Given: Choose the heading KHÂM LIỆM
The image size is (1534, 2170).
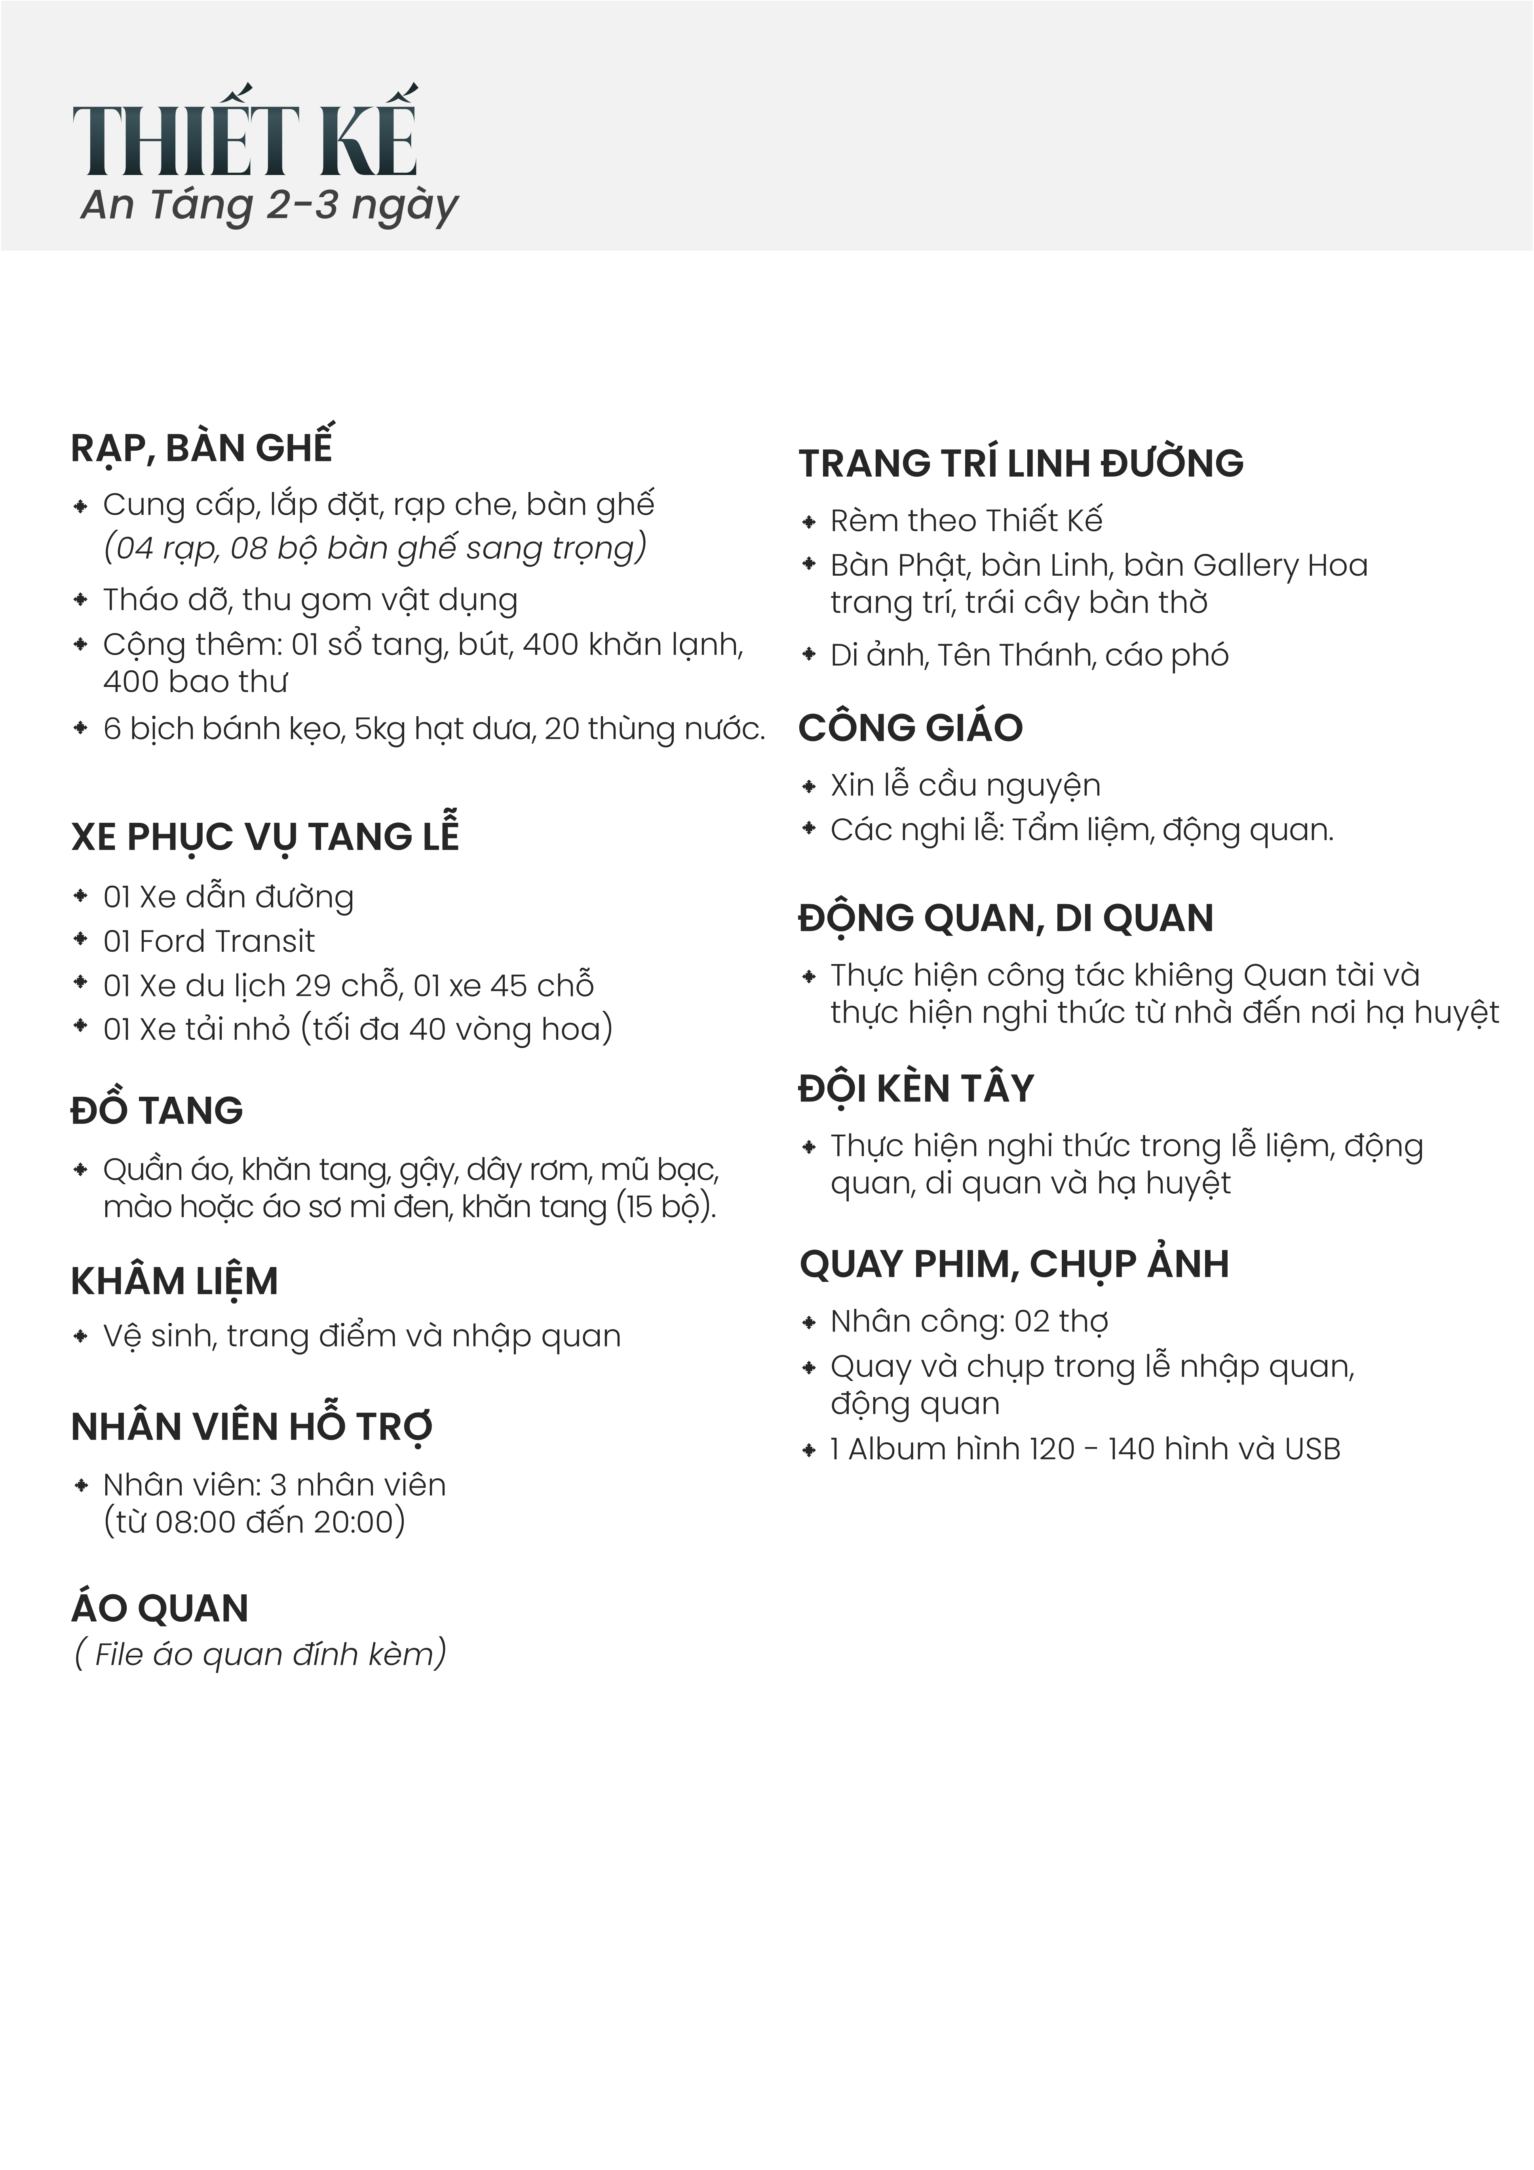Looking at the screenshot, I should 175,1282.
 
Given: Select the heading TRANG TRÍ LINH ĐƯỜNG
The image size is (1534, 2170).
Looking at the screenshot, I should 1021,463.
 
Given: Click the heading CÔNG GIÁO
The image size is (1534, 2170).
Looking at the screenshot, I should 910,728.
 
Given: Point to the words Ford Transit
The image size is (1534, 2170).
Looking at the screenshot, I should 227,941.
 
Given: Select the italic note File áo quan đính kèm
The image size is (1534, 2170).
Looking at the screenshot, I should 260,1654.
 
